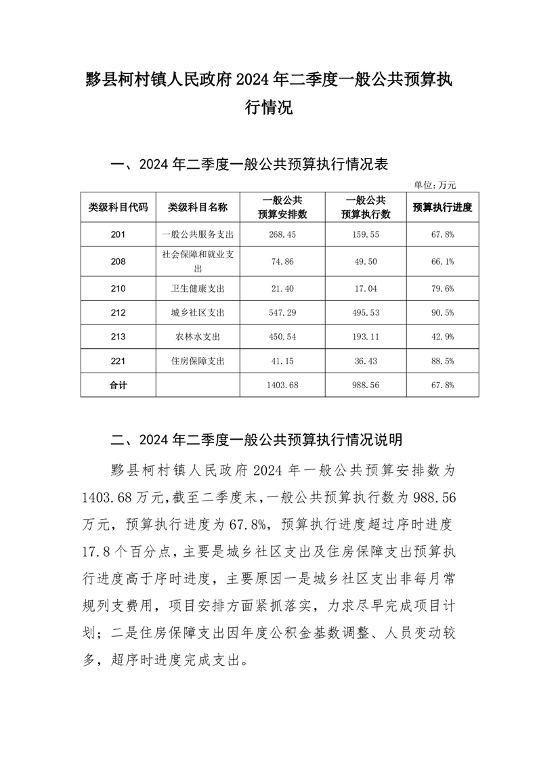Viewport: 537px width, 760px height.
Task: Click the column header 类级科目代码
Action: (118, 207)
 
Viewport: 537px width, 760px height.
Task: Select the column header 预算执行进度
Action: (442, 207)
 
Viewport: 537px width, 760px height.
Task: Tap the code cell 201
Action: (118, 234)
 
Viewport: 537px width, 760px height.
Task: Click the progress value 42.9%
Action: (442, 337)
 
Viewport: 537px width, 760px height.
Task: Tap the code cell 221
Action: (118, 361)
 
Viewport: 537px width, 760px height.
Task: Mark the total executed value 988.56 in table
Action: (366, 385)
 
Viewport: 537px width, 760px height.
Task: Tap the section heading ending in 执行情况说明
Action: (257, 440)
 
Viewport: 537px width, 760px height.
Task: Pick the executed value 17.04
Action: (366, 288)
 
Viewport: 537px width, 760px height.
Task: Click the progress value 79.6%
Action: (442, 288)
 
